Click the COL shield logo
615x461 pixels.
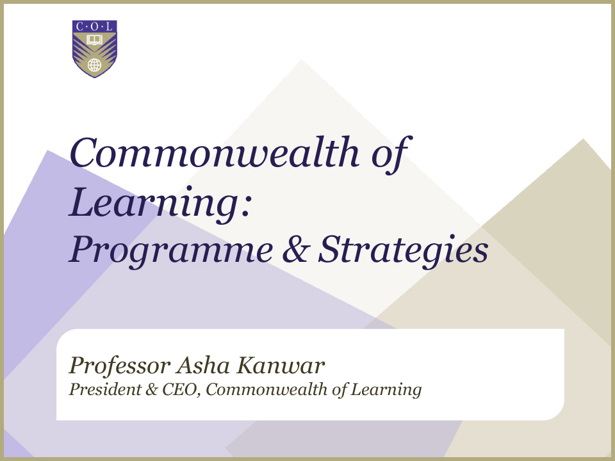tap(95, 49)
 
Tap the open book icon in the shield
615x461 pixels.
tap(94, 40)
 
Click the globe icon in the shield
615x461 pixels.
tap(94, 65)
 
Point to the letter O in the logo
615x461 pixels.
tap(95, 27)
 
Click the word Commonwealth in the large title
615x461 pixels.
tap(214, 152)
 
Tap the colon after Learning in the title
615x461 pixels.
tap(245, 207)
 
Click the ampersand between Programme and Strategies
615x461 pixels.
tap(296, 249)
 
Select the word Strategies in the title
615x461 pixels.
tap(403, 251)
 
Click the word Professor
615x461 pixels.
tap(120, 366)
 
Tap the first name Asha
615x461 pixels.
tap(203, 366)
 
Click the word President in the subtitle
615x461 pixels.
tap(105, 389)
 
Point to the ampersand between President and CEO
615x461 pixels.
tap(151, 389)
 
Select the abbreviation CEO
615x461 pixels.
tap(180, 390)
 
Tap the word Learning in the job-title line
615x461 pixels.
tap(386, 390)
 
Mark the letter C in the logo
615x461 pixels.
tap(79, 27)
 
